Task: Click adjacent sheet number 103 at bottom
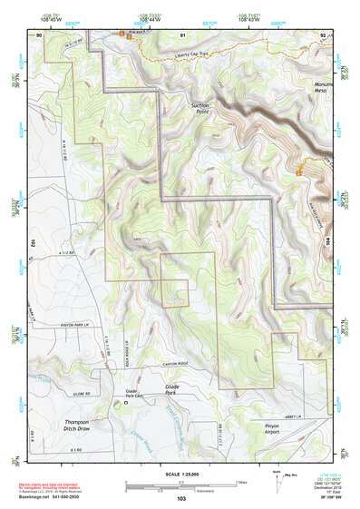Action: pyautogui.click(x=181, y=499)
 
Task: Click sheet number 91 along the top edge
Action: pyautogui.click(x=182, y=34)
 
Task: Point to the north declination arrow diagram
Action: pyautogui.click(x=275, y=481)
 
